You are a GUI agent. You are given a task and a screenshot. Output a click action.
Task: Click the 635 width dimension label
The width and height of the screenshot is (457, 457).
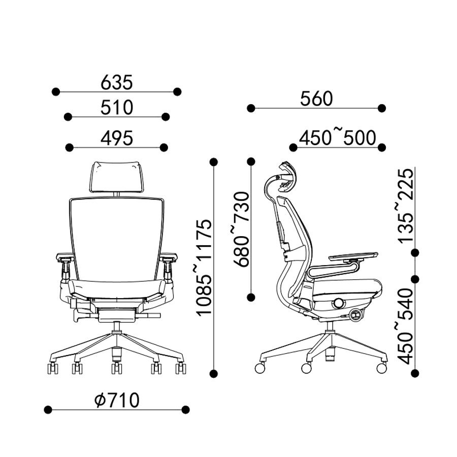tap(117, 81)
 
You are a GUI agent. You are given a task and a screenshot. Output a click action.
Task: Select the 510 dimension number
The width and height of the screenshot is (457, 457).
tap(117, 107)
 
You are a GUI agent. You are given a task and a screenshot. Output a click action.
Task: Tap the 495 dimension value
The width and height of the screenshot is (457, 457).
tap(117, 138)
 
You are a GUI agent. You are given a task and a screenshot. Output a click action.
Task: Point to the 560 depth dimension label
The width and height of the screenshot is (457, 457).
tap(316, 99)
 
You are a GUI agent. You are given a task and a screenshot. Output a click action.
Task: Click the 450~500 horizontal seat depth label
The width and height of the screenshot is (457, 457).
tap(337, 138)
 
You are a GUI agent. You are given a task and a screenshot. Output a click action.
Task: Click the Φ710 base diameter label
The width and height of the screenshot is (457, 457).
tap(117, 401)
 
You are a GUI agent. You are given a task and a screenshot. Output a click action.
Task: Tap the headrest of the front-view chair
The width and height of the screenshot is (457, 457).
tap(117, 176)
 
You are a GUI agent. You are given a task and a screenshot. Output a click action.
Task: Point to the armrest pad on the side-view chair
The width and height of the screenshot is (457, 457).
tap(353, 255)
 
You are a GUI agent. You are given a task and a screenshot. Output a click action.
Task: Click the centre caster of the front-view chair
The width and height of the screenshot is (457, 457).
tap(117, 367)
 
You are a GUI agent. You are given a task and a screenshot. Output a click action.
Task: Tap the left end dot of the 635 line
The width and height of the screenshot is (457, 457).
tap(56, 91)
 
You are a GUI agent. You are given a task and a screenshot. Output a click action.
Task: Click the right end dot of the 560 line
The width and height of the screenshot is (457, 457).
tap(382, 108)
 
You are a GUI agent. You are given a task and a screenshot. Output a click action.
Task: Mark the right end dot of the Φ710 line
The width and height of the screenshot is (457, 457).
tap(186, 409)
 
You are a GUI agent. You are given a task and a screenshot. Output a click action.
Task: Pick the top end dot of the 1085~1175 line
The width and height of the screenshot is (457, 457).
tap(214, 162)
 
